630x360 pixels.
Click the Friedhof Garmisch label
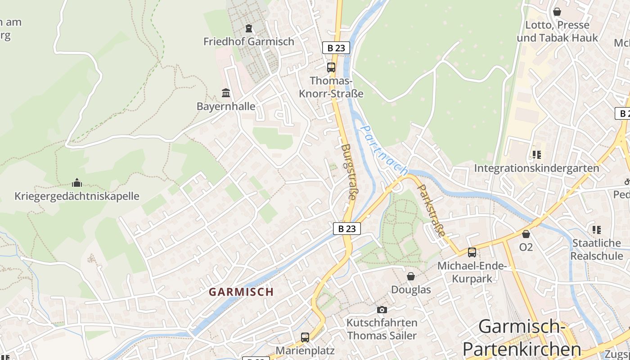(x=248, y=41)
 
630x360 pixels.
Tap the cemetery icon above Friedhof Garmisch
(x=248, y=28)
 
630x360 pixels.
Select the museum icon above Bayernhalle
(x=226, y=93)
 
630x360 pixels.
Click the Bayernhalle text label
(x=226, y=107)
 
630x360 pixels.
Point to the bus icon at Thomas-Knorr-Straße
(x=331, y=67)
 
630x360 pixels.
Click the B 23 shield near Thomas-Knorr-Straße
(x=336, y=48)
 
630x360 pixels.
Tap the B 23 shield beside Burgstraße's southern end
(x=347, y=229)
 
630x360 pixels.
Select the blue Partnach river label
(x=385, y=150)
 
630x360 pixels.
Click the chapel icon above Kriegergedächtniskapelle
(x=77, y=183)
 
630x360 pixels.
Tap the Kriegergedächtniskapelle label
(x=77, y=196)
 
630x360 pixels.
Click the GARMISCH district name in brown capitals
(x=241, y=292)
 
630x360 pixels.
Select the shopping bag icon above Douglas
(x=411, y=276)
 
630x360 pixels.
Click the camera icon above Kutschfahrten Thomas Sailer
(x=382, y=310)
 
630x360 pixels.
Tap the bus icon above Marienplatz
(x=305, y=337)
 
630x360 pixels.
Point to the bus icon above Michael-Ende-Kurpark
(x=472, y=252)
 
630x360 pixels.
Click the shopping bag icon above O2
(x=526, y=234)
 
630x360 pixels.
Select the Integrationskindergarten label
(x=536, y=168)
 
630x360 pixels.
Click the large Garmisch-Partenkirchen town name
(x=522, y=337)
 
